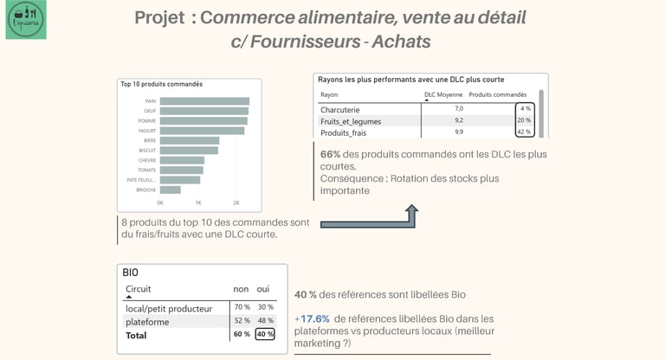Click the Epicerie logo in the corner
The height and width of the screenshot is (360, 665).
(x=26, y=20)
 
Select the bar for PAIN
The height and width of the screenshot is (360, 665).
(x=204, y=101)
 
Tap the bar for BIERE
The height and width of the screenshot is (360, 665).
(x=190, y=140)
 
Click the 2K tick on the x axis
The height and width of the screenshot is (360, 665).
(x=236, y=202)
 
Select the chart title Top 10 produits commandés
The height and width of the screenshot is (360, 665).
(x=162, y=84)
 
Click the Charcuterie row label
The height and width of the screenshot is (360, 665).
(x=339, y=110)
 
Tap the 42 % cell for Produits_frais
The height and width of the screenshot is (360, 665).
(x=523, y=132)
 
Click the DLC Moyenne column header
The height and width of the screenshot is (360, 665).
(x=442, y=94)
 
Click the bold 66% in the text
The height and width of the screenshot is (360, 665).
(x=331, y=154)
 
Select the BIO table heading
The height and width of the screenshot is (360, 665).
(x=131, y=273)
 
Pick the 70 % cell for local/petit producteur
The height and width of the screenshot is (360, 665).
(x=242, y=307)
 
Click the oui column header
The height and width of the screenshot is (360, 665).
(x=264, y=289)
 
